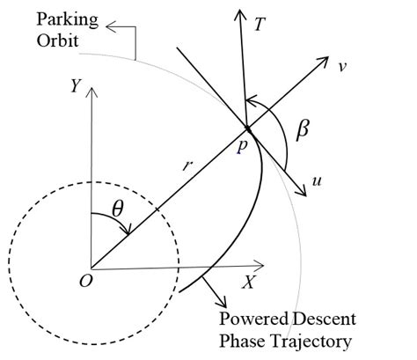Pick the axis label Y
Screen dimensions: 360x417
[77, 85]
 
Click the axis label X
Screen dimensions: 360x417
[249, 283]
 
